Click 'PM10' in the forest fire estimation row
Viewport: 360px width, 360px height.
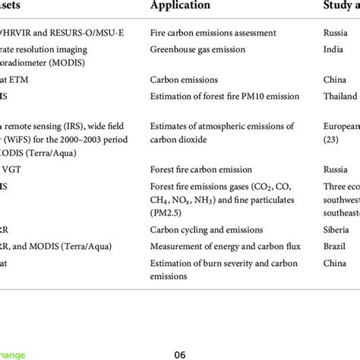point(252,96)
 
